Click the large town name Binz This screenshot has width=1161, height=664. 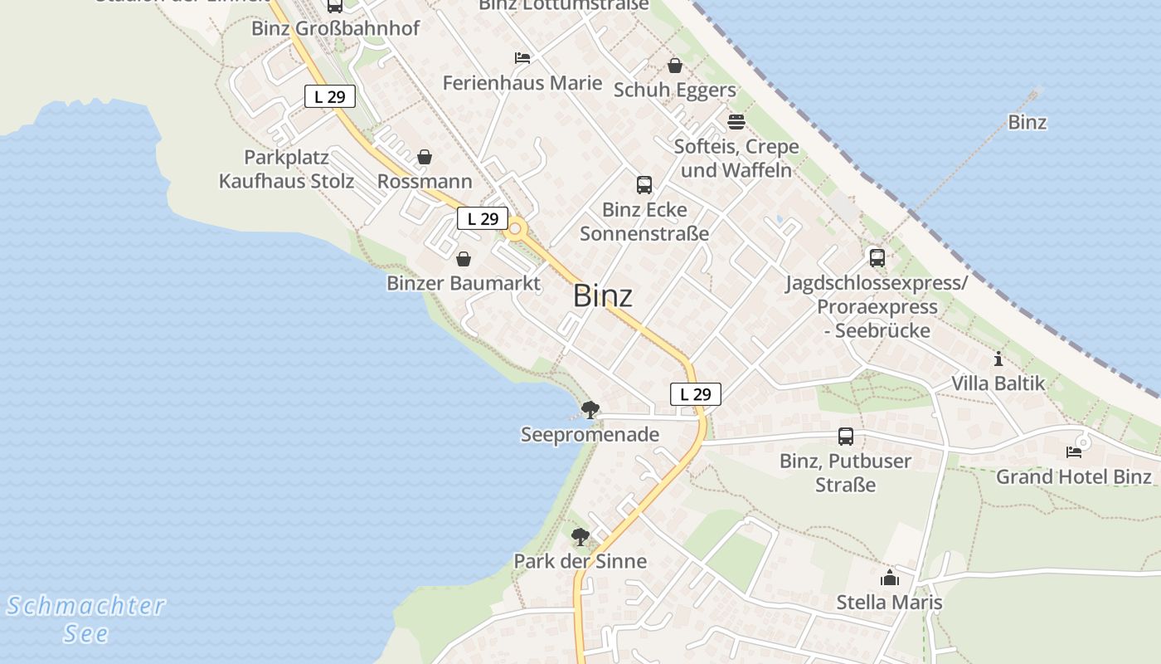(x=603, y=296)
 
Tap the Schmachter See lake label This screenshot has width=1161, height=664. (x=86, y=619)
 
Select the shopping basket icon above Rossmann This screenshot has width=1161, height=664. (x=425, y=157)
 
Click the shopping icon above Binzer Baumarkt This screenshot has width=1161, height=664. (x=464, y=259)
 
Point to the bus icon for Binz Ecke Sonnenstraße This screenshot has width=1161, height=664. (x=644, y=185)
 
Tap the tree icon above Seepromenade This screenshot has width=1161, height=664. (x=590, y=409)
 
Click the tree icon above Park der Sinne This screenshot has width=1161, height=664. (x=580, y=536)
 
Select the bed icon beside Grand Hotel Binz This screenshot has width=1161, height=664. (x=1074, y=452)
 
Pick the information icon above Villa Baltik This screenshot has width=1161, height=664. (x=998, y=359)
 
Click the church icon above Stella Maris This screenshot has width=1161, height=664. (x=890, y=578)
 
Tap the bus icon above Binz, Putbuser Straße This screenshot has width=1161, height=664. (x=846, y=437)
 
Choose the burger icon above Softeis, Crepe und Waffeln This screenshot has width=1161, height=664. (x=736, y=122)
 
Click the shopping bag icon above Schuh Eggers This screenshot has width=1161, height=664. (x=675, y=66)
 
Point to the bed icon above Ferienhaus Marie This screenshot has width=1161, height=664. (x=522, y=58)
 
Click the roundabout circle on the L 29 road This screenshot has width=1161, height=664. (x=516, y=228)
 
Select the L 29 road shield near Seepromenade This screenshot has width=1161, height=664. (x=695, y=394)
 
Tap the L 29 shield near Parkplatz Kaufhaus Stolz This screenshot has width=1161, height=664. (x=329, y=96)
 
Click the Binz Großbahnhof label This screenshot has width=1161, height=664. (x=336, y=28)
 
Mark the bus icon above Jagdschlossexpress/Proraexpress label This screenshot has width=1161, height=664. (x=877, y=258)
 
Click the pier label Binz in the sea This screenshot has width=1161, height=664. (x=1027, y=123)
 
